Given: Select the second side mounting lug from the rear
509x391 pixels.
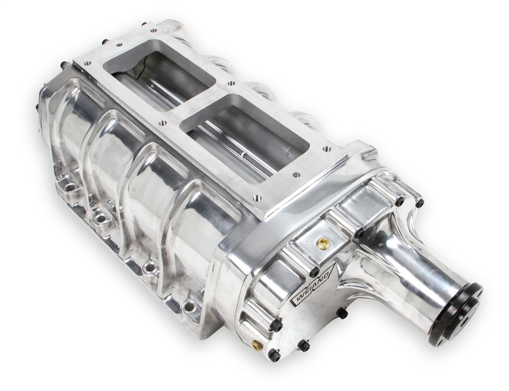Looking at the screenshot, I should [101, 215].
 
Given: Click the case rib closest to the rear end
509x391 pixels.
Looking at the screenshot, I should [67, 112].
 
